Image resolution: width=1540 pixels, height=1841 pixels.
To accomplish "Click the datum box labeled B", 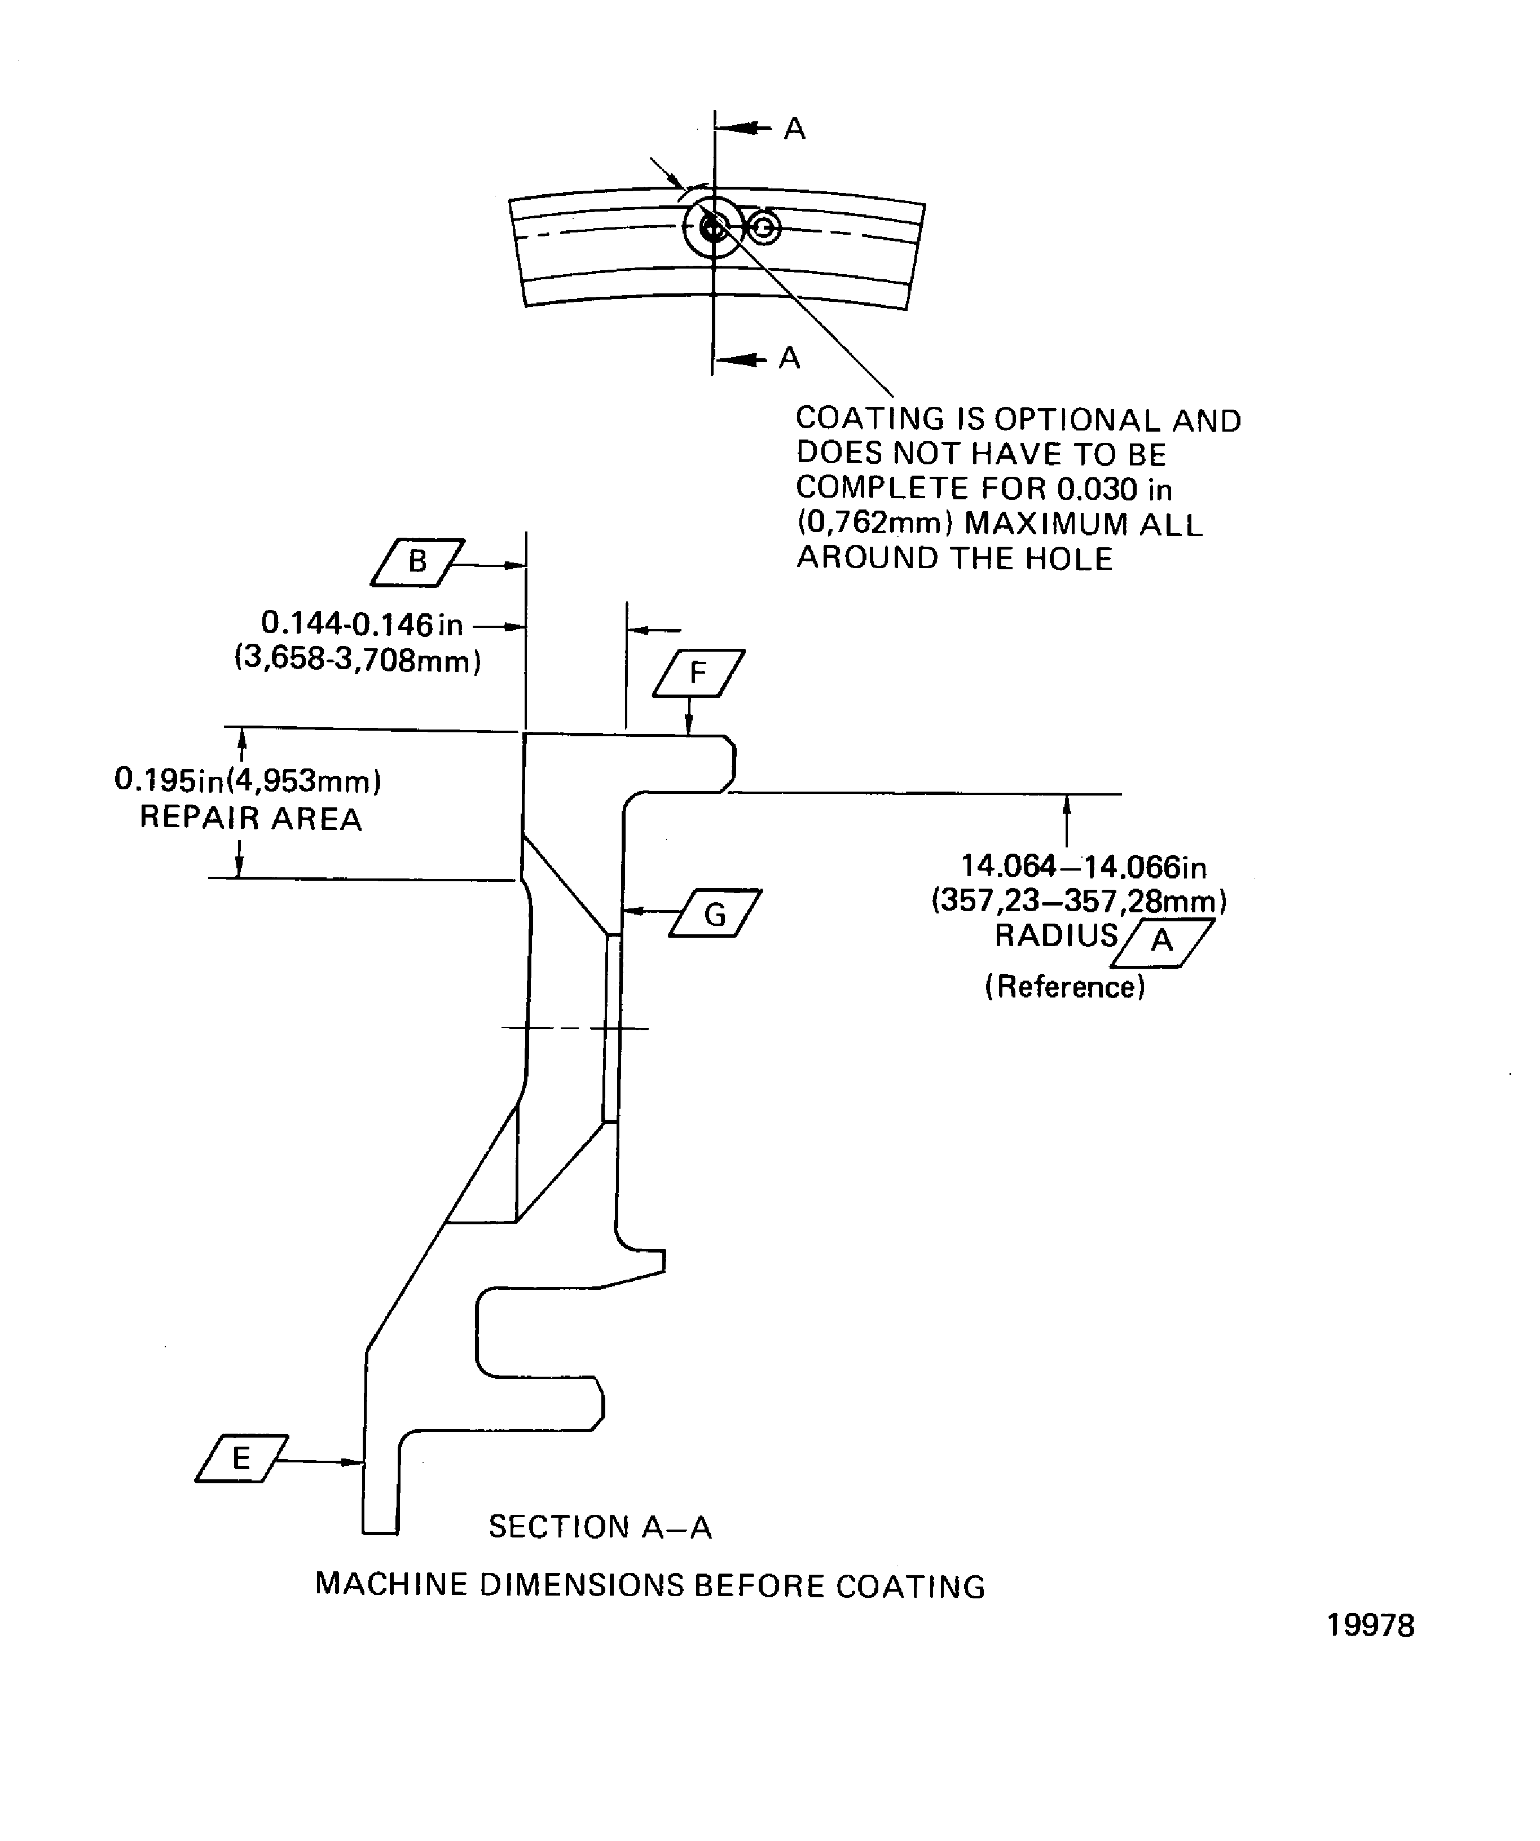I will tap(417, 562).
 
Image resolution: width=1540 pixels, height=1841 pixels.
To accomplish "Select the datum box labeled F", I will tap(698, 673).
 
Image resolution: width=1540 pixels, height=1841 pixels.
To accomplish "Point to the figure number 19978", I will tap(1370, 1626).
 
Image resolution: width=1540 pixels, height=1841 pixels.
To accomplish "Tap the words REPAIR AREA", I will tap(250, 819).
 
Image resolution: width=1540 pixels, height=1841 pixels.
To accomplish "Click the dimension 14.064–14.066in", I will tap(1083, 867).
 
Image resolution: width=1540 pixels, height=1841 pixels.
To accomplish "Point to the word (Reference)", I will tap(1065, 987).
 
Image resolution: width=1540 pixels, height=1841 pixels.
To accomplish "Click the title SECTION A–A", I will tap(600, 1527).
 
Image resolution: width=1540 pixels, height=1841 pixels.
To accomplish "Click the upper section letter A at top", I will tap(794, 129).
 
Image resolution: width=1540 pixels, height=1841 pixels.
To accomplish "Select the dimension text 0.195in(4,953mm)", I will tap(248, 780).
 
